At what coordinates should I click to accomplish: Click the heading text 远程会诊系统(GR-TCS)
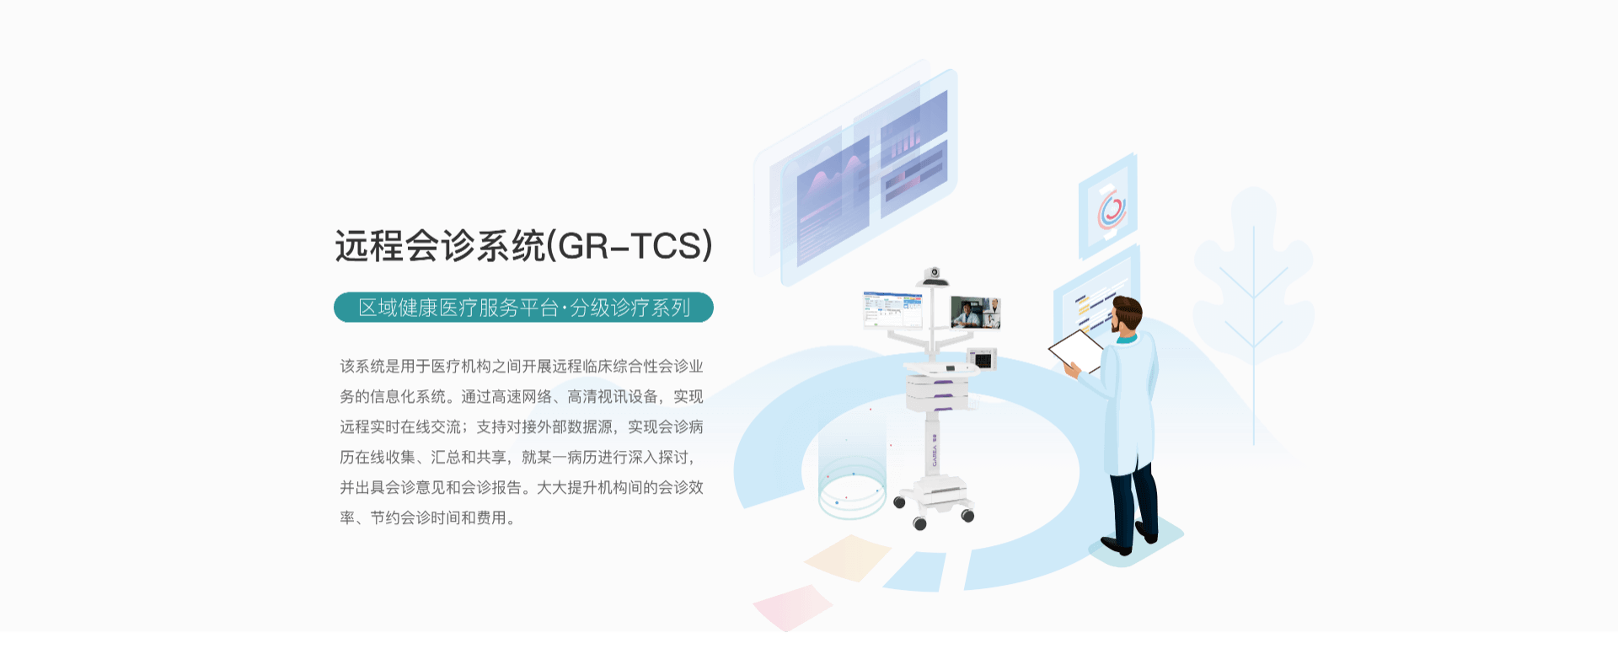point(523,246)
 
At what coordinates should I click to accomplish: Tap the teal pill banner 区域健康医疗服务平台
point(523,308)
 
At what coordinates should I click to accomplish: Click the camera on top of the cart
point(933,276)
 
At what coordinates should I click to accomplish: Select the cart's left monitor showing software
point(892,309)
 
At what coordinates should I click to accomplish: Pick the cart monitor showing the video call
point(975,312)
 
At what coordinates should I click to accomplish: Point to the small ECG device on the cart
point(982,359)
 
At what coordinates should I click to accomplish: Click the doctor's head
point(1126,316)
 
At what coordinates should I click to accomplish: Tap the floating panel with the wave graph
point(833,202)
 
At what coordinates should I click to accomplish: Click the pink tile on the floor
point(792,607)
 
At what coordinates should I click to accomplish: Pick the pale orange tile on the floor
point(847,557)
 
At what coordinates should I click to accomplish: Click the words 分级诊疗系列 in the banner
point(630,308)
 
